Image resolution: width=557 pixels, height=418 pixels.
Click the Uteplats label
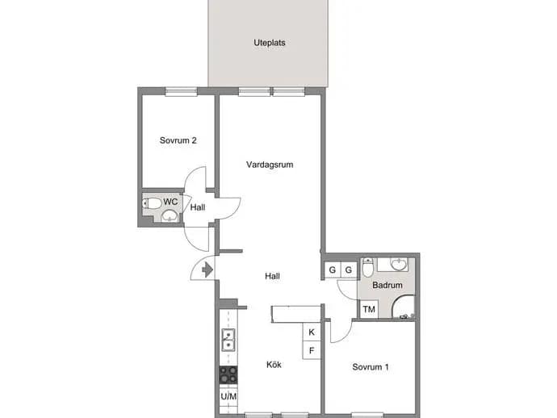pyautogui.click(x=270, y=43)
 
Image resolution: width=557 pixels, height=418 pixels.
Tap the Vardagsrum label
pyautogui.click(x=270, y=165)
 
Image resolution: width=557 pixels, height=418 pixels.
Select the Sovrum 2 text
pyautogui.click(x=178, y=140)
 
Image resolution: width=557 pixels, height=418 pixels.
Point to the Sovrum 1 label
pyautogui.click(x=371, y=367)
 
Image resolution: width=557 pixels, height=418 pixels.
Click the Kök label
pyautogui.click(x=274, y=365)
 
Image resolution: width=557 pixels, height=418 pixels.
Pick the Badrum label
pyautogui.click(x=387, y=285)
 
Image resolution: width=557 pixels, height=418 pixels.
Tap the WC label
pyautogui.click(x=170, y=202)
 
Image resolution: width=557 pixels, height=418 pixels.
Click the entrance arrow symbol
pyautogui.click(x=207, y=270)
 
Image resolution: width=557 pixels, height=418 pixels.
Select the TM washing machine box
pyautogui.click(x=369, y=309)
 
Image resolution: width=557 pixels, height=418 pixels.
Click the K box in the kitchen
pyautogui.click(x=312, y=332)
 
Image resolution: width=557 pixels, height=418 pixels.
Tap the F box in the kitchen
pyautogui.click(x=312, y=350)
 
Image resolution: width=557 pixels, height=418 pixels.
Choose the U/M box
pyautogui.click(x=228, y=396)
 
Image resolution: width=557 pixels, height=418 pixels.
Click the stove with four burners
pyautogui.click(x=228, y=374)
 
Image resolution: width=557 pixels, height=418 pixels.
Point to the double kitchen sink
pyautogui.click(x=228, y=340)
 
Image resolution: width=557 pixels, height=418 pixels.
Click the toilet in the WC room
pyautogui.click(x=152, y=203)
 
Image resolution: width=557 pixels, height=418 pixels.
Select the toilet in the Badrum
pyautogui.click(x=367, y=267)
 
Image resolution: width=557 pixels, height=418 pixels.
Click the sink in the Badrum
pyautogui.click(x=399, y=264)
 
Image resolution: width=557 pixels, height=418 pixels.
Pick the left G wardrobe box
pyautogui.click(x=333, y=270)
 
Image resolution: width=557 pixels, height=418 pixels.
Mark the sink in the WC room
pyautogui.click(x=170, y=215)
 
